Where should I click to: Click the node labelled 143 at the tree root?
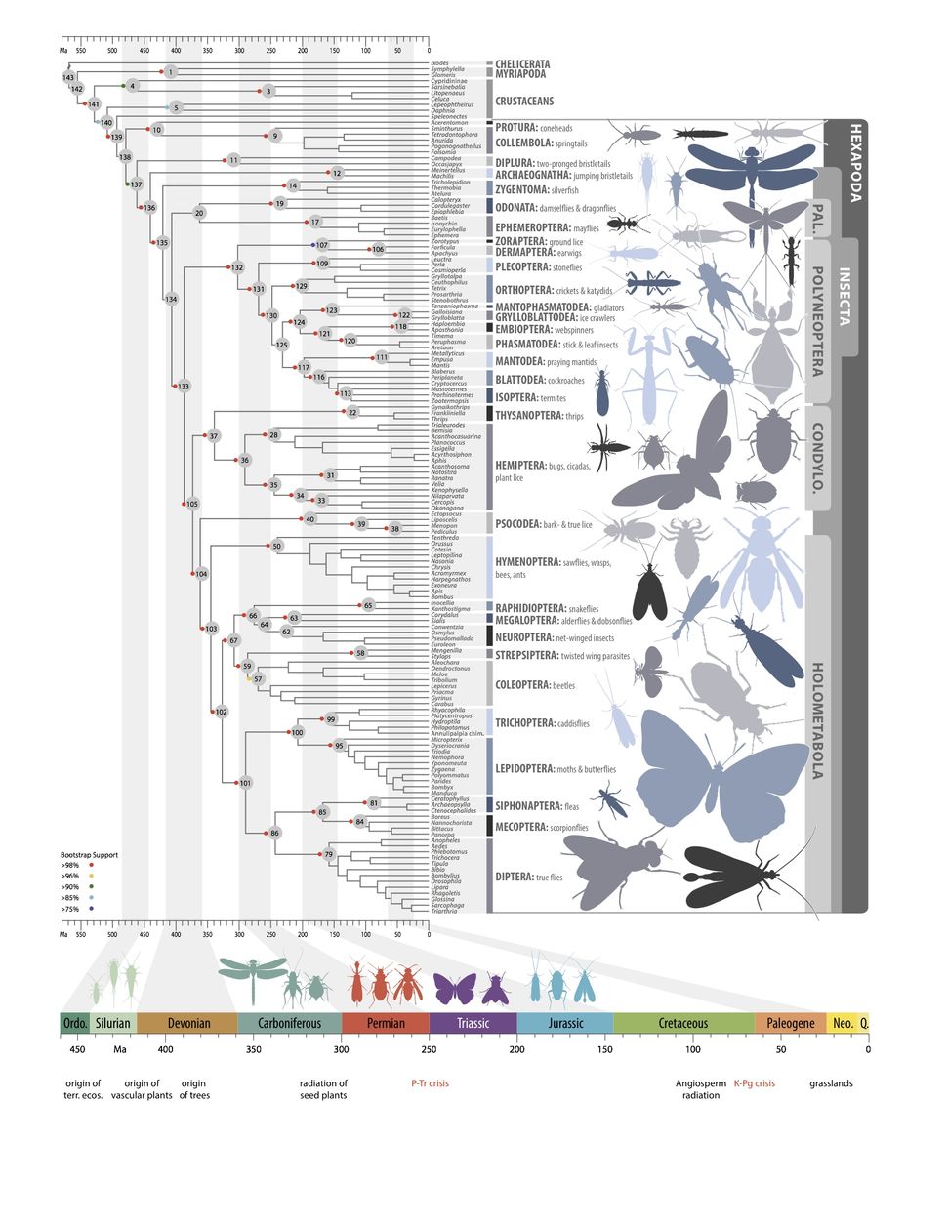(68, 77)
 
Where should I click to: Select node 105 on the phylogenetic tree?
(192, 504)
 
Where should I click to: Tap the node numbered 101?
(245, 783)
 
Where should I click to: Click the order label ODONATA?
(516, 207)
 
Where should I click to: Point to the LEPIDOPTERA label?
(524, 769)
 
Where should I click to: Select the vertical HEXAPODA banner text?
(855, 161)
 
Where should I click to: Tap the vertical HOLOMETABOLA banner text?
(817, 720)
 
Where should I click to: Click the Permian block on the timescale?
(385, 1023)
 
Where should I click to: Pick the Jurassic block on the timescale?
(565, 1023)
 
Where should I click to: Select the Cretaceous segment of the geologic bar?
(683, 1023)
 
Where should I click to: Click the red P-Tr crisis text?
(430, 1083)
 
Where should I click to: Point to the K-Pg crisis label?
(754, 1083)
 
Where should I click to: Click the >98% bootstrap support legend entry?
(76, 865)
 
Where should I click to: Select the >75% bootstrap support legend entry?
(76, 909)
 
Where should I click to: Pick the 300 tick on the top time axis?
(239, 50)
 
